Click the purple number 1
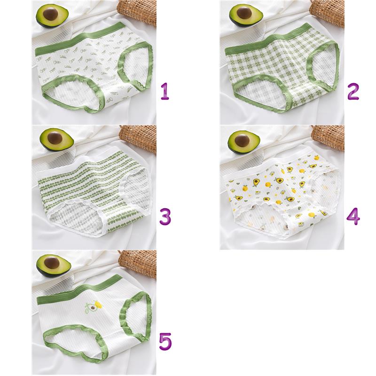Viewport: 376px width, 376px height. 165,91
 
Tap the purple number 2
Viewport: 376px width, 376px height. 353,91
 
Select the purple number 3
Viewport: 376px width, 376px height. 165,216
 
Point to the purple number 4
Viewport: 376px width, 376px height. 353,216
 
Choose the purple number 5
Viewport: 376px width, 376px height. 165,341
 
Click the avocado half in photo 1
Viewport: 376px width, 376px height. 52,16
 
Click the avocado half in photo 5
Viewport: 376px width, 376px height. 54,266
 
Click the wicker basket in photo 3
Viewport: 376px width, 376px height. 138,139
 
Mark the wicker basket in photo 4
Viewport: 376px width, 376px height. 328,137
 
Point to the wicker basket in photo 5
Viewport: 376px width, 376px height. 138,264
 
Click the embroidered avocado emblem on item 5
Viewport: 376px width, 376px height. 93,307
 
